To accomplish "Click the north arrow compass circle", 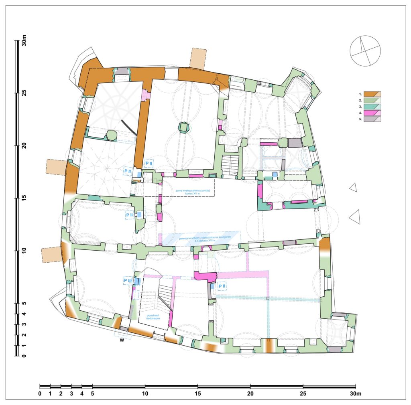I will click(x=365, y=51).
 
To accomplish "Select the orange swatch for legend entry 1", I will click(x=372, y=94).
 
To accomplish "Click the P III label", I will click(x=128, y=280).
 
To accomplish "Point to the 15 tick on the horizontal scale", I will click(x=197, y=394).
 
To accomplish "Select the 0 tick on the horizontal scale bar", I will click(x=40, y=394).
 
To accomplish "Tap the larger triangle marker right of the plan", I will click(x=354, y=218).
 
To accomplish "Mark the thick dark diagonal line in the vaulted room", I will click(x=129, y=128).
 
